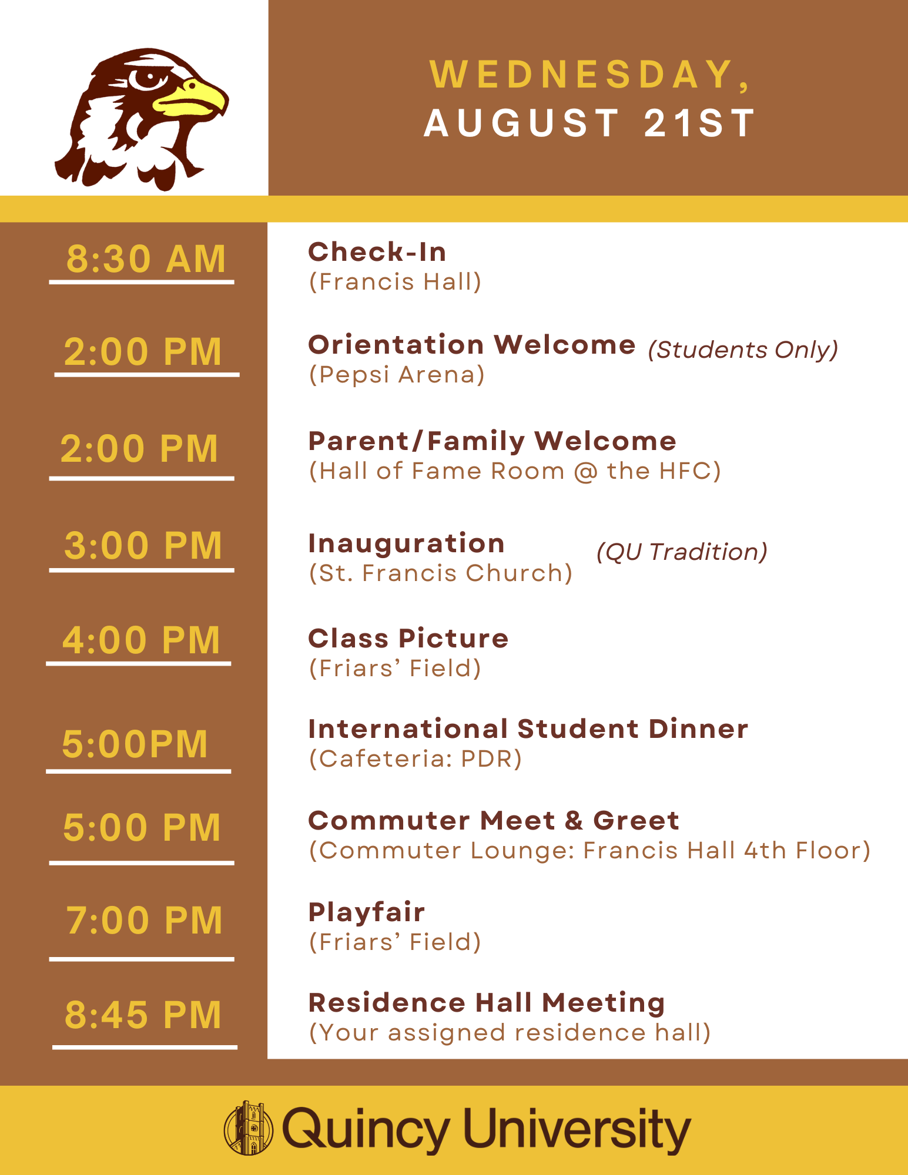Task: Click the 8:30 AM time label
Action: [x=146, y=258]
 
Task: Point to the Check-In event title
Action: [x=377, y=252]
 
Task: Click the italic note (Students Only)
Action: [x=743, y=350]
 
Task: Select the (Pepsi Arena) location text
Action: [x=397, y=375]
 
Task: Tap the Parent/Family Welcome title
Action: [x=492, y=441]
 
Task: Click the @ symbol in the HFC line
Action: [x=585, y=472]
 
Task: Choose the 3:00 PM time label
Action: [x=143, y=545]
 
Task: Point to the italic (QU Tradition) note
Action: [x=682, y=552]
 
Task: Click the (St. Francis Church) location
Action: [x=441, y=573]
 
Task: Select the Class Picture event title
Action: [x=408, y=639]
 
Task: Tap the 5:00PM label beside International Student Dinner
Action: [x=135, y=744]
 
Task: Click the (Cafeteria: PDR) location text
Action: [x=416, y=759]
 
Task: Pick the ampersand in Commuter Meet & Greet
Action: [x=574, y=821]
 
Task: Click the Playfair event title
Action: [x=367, y=913]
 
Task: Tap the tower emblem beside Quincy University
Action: [x=248, y=1128]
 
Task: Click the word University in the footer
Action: [x=578, y=1129]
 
